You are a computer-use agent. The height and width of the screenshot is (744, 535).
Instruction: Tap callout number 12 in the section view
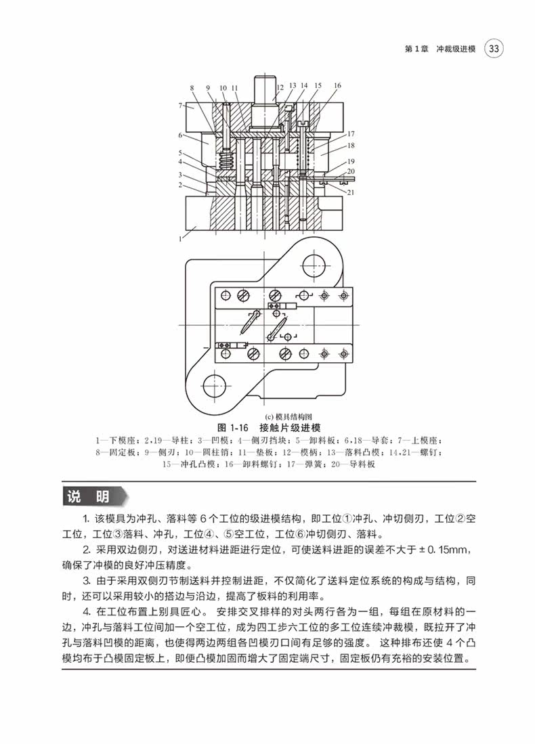[279, 87]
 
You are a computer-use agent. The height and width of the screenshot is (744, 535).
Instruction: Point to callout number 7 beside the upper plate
[181, 105]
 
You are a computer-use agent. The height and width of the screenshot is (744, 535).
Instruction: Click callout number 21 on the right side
[351, 193]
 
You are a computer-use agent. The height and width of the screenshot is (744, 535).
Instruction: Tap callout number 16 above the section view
[337, 85]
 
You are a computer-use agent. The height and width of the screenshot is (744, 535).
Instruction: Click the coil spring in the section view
[226, 161]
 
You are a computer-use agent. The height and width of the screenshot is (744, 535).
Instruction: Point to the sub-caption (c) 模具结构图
[268, 417]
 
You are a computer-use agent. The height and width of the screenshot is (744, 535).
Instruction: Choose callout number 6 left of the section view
[181, 135]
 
